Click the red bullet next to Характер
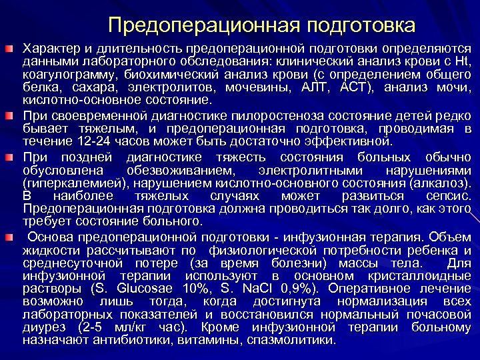(9, 50)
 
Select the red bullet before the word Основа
(9, 237)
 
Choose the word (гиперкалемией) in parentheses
(73, 182)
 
